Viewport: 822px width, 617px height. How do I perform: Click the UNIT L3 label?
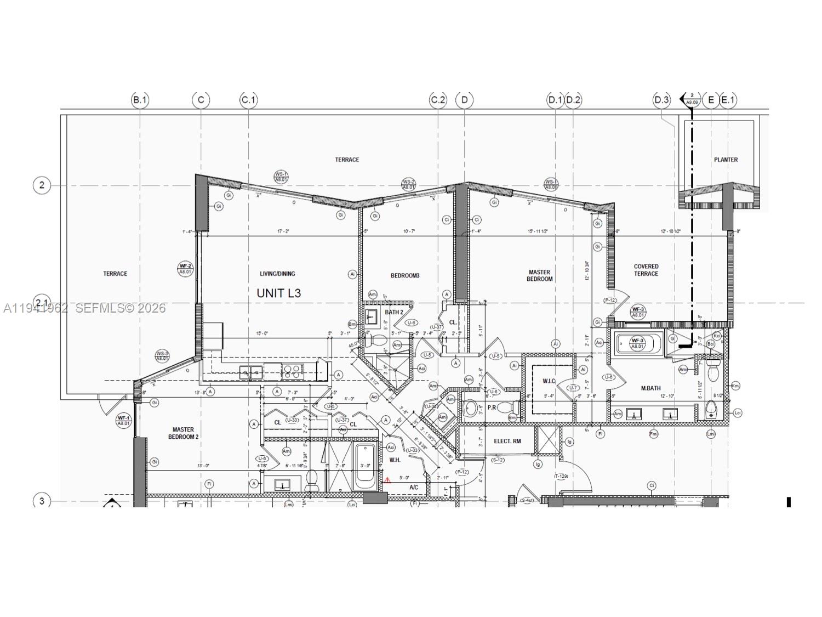[278, 293]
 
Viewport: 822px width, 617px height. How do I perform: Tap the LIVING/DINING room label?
[277, 274]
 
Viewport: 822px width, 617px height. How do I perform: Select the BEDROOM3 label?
[405, 275]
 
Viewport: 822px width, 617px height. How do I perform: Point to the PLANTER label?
[726, 160]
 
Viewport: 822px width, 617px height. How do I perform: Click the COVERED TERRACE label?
[646, 270]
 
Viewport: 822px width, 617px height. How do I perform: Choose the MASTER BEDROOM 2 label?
[183, 433]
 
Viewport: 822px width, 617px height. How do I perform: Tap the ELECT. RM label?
[507, 441]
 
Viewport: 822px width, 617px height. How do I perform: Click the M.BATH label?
[650, 388]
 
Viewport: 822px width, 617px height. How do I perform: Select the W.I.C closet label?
[549, 381]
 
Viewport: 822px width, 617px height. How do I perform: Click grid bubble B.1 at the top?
[140, 100]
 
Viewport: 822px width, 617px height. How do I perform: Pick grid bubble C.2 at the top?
[438, 100]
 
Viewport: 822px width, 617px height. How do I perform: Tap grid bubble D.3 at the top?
[661, 100]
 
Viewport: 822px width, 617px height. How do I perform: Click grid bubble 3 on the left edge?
[42, 501]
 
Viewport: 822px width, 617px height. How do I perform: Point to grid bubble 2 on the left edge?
[42, 185]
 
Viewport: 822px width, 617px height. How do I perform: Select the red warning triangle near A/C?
[387, 480]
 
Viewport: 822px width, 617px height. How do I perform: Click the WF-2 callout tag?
[185, 268]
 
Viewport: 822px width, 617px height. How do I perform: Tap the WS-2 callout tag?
[408, 184]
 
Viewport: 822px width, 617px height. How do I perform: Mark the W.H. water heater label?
[395, 460]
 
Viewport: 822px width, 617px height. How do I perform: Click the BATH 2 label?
[393, 312]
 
